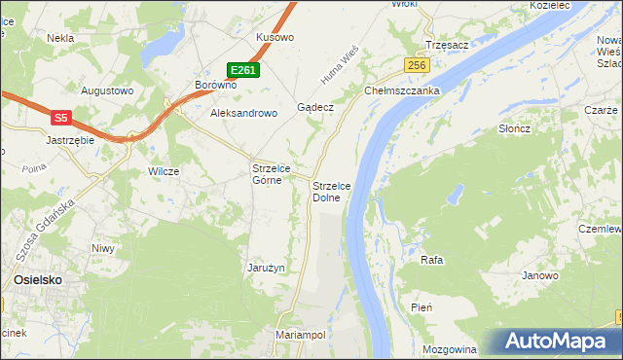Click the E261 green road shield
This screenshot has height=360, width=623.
[x=243, y=70]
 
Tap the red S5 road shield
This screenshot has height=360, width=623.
[x=60, y=118]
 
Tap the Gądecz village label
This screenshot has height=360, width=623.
[x=316, y=107]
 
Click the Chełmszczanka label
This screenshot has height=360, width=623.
[x=403, y=90]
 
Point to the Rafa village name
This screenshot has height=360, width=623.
[x=432, y=260]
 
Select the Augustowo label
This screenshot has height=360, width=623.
[x=106, y=90]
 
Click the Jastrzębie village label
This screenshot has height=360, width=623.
[x=69, y=140]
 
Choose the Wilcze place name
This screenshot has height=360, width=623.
[x=163, y=171]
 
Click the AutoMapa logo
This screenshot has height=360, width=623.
[x=556, y=342]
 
